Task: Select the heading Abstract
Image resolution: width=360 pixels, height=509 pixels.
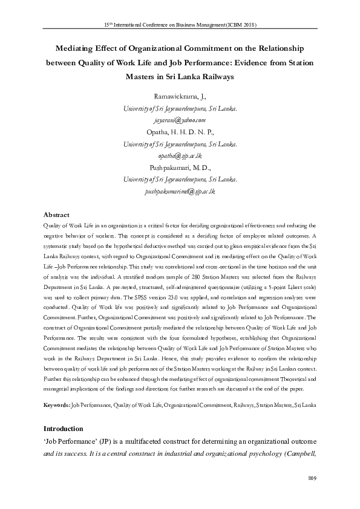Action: tap(57, 215)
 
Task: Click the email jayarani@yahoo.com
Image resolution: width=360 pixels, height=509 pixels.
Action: tap(180, 120)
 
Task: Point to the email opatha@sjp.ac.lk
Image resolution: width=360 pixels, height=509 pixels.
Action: tap(180, 155)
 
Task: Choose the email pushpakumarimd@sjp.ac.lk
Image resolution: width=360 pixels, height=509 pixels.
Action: tap(180, 191)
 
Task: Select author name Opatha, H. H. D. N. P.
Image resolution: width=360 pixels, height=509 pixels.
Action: tap(180, 132)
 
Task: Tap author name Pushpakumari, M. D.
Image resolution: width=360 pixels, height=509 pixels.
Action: tap(180, 167)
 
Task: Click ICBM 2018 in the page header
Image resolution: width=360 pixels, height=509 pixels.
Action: tap(242, 25)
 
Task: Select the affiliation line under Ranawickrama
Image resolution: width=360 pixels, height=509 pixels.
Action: tap(180, 109)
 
